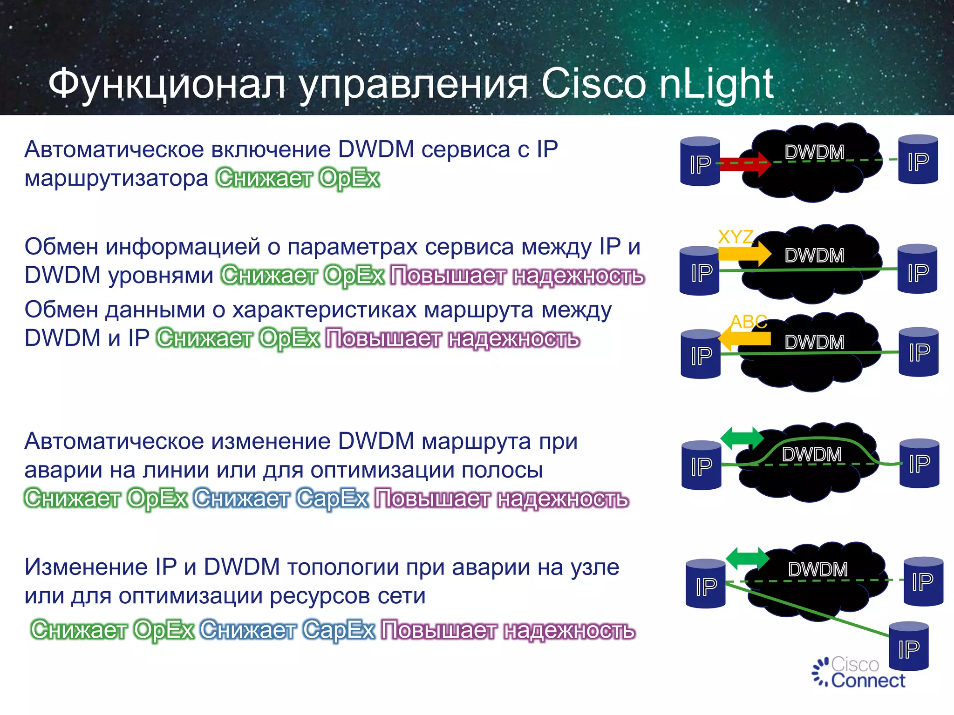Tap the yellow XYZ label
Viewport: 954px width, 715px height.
coord(735,237)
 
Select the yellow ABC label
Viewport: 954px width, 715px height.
coord(749,321)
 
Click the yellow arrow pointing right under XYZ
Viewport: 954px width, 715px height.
coord(744,253)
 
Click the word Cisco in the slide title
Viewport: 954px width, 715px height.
coord(593,84)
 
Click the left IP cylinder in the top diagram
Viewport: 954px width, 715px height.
coord(700,162)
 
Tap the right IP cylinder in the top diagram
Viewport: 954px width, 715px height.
coord(918,160)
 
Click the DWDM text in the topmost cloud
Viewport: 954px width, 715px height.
coord(814,152)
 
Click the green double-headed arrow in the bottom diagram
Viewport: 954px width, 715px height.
coord(747,558)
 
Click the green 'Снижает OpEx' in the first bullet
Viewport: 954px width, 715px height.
coord(298,178)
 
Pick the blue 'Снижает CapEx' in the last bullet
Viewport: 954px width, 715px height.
coord(287,630)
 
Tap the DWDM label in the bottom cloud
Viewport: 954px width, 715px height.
coord(818,569)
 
